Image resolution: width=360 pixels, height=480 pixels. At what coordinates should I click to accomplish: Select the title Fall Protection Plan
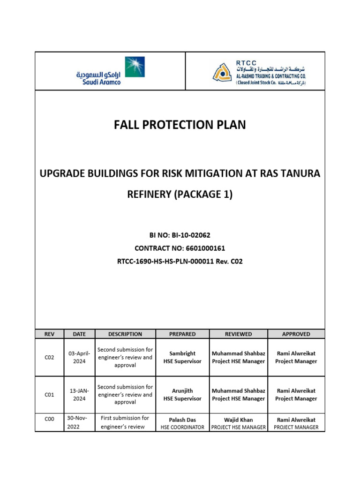[180, 125]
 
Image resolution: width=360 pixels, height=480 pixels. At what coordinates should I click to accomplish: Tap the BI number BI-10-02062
[180, 235]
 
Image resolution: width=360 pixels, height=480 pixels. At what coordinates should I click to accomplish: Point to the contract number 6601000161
[180, 248]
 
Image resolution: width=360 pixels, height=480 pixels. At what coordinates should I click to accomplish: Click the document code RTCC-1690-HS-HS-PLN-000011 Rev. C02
[180, 262]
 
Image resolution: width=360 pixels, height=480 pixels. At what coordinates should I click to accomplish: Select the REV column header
[50, 334]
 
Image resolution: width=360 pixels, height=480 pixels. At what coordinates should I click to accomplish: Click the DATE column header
[79, 334]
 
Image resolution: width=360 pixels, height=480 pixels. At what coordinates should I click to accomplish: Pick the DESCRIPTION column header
[125, 334]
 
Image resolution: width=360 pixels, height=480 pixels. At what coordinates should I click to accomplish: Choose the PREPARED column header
[182, 334]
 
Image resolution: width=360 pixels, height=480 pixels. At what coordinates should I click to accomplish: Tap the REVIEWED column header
[238, 334]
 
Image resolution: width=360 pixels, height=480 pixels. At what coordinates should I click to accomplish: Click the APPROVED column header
[296, 334]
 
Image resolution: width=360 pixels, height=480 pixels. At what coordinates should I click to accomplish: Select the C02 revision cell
[50, 357]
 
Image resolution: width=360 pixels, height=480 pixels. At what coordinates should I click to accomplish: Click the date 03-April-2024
[79, 357]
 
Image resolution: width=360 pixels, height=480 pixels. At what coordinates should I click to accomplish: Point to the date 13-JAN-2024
[79, 395]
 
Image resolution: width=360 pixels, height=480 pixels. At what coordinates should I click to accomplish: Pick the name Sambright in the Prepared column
[182, 353]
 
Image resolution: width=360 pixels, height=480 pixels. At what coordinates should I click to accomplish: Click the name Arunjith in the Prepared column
[182, 390]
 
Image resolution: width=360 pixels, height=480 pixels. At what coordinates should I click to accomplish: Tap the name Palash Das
[182, 420]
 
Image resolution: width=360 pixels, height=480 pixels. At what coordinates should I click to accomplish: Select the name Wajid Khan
[238, 420]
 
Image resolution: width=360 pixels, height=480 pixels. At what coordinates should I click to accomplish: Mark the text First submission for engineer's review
[125, 422]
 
